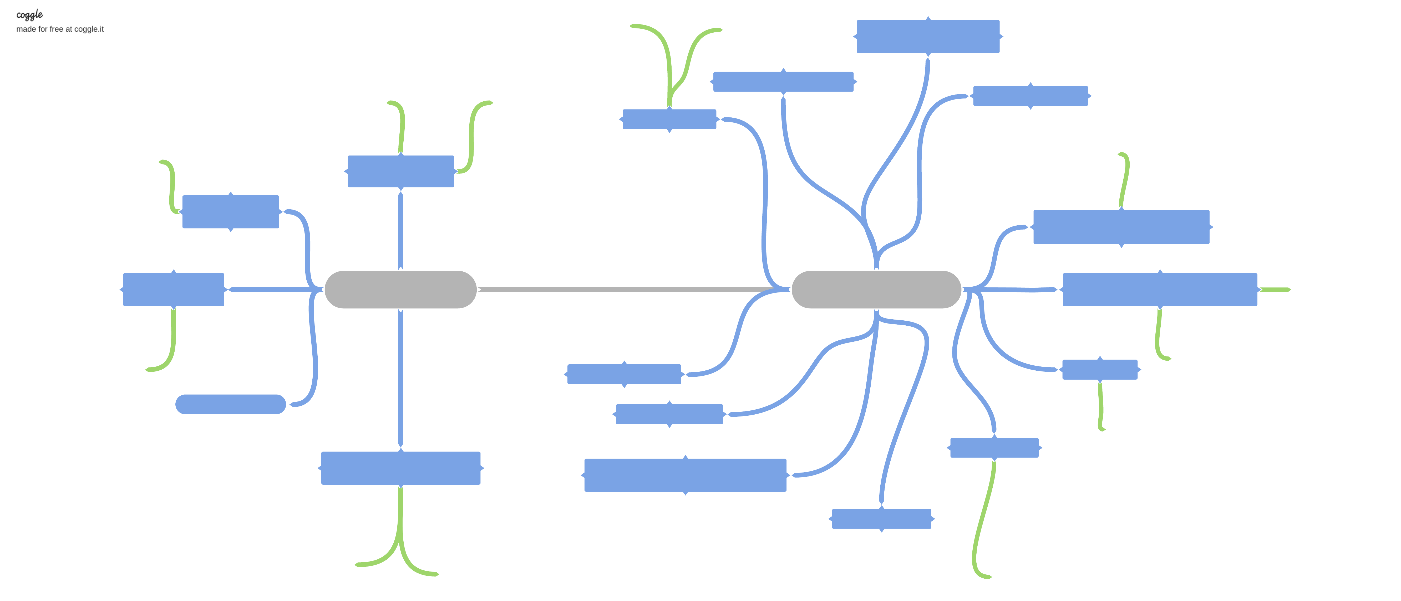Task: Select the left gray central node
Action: [400, 290]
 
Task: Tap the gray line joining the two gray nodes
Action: [626, 290]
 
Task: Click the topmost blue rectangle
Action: [928, 37]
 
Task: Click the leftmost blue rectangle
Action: [174, 290]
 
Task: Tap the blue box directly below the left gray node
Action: [401, 468]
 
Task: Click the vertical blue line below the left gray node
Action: [401, 381]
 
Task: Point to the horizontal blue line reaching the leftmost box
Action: [272, 290]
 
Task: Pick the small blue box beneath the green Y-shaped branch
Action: [669, 119]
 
